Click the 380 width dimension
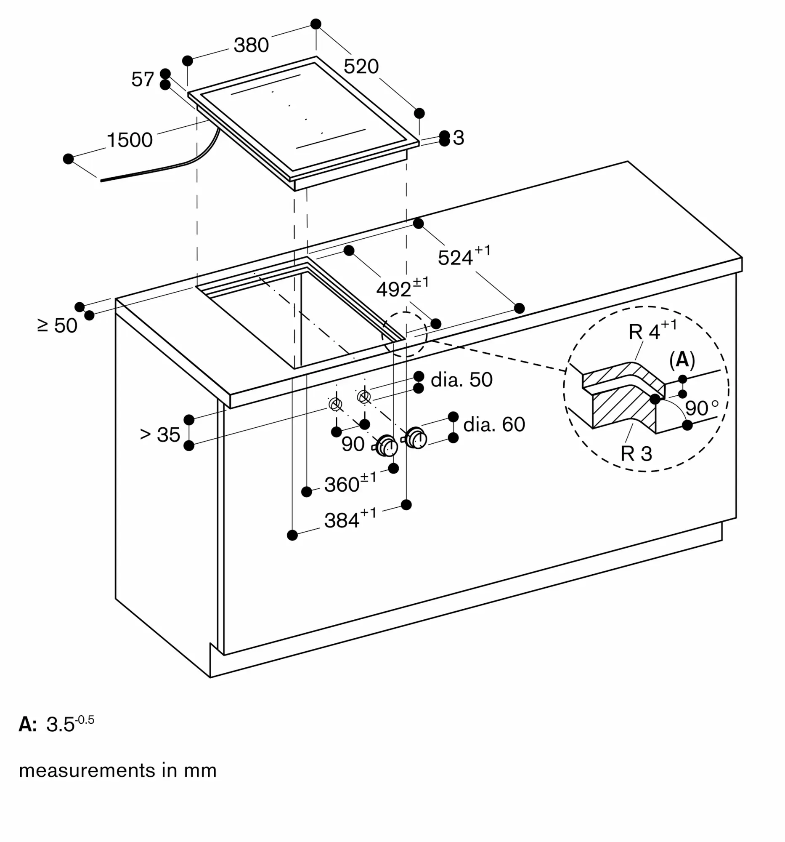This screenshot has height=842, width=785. click(252, 45)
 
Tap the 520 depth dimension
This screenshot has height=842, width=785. click(361, 67)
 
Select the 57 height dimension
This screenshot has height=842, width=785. click(143, 79)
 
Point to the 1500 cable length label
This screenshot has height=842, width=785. click(130, 140)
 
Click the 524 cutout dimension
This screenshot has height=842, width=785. click(464, 256)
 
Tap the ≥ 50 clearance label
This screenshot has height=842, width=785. click(58, 325)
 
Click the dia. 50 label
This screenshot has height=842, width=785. click(461, 379)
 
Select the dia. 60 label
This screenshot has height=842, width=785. click(494, 424)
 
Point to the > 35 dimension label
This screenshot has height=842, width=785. click(160, 434)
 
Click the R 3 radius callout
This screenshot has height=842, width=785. click(636, 453)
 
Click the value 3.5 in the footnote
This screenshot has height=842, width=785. click(60, 725)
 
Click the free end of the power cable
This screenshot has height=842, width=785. click(101, 181)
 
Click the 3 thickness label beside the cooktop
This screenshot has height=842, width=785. click(458, 138)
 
